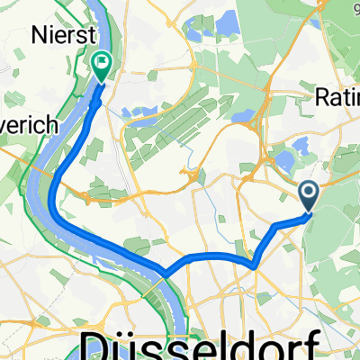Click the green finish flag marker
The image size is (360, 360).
coord(100,64)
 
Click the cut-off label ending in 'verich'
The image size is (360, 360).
coord(29,125)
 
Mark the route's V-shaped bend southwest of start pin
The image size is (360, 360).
coord(256,265)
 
